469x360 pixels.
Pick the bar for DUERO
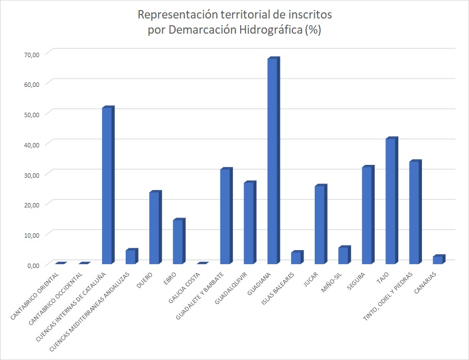tap(154, 228)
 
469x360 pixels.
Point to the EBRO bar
tap(178, 242)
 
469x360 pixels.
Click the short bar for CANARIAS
tap(438, 260)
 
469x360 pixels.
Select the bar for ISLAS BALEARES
tap(296, 258)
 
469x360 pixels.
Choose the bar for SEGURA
tap(367, 215)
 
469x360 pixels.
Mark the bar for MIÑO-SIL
tap(343, 255)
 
